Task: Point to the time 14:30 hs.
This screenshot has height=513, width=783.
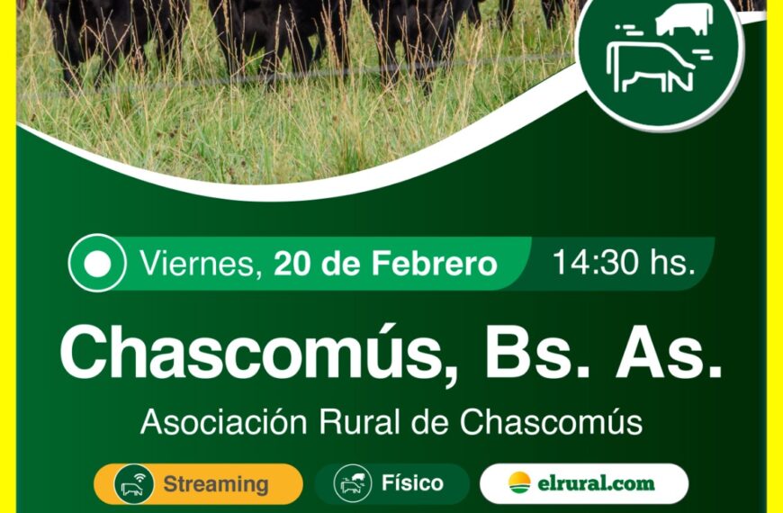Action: [x=623, y=264]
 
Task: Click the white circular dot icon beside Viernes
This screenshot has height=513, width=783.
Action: [x=98, y=263]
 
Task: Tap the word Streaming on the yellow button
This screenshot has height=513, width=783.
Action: [x=216, y=484]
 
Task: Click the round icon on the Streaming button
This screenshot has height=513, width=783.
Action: [x=133, y=484]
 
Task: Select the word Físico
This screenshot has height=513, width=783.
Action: [x=412, y=483]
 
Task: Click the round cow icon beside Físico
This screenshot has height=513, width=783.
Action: [x=353, y=484]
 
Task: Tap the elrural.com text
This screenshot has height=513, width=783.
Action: [x=597, y=484]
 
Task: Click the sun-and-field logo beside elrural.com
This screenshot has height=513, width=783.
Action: [x=520, y=483]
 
